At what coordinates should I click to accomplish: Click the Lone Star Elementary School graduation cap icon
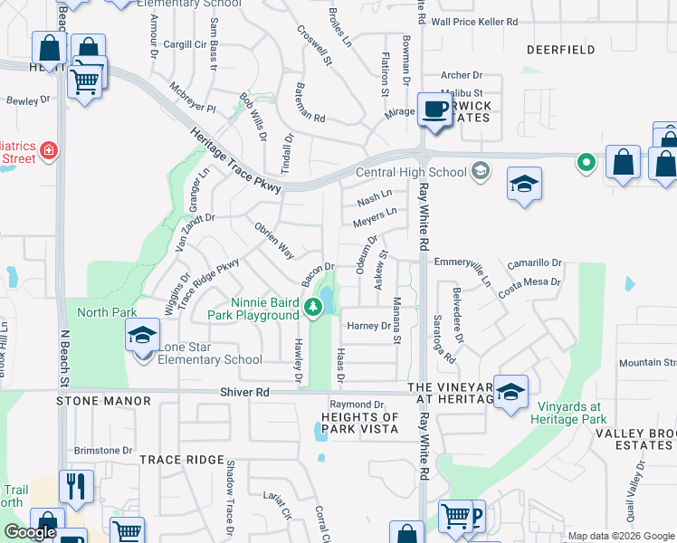(x=143, y=335)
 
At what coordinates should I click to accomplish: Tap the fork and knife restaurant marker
(x=77, y=486)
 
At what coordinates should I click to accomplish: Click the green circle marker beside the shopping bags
(x=586, y=163)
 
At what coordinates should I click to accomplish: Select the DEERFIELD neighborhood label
(x=560, y=49)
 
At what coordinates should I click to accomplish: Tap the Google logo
(x=30, y=532)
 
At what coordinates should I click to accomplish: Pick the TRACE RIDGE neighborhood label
(x=181, y=460)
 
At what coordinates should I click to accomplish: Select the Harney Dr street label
(x=367, y=326)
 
